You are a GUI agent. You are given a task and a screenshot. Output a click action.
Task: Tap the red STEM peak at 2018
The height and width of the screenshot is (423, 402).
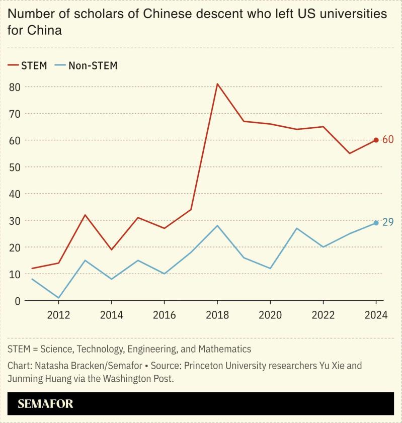(217, 84)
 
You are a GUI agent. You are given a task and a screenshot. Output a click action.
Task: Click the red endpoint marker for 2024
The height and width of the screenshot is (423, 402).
(376, 140)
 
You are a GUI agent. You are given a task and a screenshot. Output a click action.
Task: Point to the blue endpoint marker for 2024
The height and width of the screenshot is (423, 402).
(376, 223)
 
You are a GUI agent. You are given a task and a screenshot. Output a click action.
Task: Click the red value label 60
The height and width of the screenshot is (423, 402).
(388, 140)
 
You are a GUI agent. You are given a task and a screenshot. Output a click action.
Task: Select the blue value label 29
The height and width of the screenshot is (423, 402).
(388, 222)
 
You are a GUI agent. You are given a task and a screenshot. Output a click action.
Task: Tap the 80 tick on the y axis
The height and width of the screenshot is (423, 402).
(15, 87)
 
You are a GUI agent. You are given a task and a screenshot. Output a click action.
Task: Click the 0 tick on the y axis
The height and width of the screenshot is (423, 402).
(17, 301)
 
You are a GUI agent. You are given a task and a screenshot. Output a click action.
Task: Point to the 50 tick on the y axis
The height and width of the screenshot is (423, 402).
(15, 167)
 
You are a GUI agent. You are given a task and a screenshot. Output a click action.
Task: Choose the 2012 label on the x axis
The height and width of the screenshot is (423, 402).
(58, 315)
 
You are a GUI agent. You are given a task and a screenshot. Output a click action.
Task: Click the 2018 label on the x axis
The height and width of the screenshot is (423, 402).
(217, 315)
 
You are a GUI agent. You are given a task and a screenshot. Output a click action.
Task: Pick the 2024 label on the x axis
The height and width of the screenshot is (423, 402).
(375, 315)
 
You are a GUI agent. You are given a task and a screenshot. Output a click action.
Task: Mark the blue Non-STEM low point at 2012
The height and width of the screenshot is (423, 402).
(58, 298)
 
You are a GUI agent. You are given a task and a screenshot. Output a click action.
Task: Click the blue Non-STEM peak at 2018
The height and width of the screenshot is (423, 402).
(217, 225)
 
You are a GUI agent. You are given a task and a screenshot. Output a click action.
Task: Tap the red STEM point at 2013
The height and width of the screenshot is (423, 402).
(85, 215)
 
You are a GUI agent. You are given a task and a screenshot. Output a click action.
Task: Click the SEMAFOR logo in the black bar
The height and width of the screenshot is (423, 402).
(46, 404)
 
